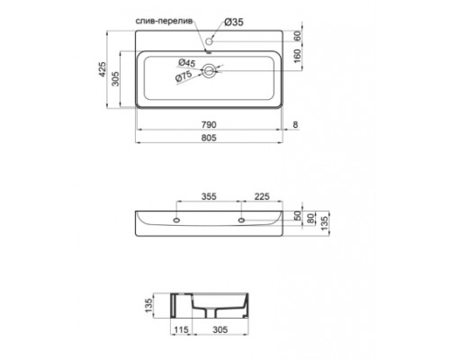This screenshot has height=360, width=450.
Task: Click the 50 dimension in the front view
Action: point(298,218)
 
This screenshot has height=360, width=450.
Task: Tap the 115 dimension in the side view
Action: point(181,330)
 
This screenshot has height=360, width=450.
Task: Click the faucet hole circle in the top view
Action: point(210,40)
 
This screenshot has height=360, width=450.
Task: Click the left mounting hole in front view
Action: point(176,219)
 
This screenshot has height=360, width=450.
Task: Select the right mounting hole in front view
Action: point(242,219)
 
